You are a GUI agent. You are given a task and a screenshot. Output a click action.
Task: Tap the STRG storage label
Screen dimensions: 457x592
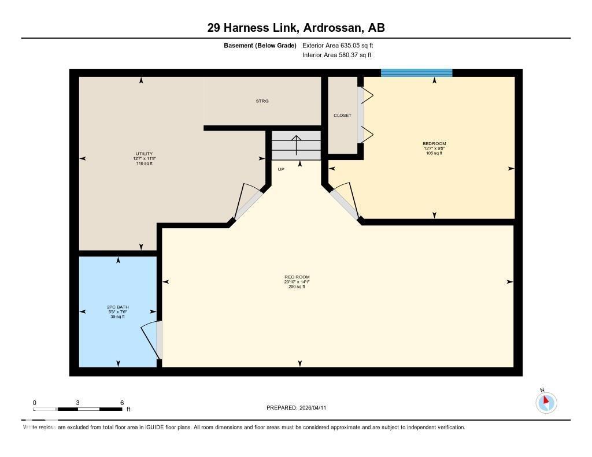(x=262, y=101)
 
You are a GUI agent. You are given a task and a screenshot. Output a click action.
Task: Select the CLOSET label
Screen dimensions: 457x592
(x=342, y=116)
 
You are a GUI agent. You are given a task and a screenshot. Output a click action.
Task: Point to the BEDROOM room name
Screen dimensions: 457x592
(x=434, y=143)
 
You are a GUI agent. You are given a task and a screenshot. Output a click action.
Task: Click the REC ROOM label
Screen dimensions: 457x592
(x=297, y=277)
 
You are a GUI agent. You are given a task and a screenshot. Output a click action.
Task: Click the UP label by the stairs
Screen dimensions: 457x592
(x=281, y=169)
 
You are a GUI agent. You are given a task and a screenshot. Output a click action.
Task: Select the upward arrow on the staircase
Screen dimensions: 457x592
(x=296, y=145)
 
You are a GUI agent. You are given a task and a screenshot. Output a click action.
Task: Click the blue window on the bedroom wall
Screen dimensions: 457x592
(x=416, y=73)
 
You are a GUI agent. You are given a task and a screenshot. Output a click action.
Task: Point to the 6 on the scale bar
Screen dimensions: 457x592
(x=122, y=403)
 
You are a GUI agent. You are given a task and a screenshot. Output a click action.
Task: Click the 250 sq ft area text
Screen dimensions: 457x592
(x=297, y=287)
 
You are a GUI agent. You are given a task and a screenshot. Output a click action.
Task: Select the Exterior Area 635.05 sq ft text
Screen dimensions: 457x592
(x=342, y=45)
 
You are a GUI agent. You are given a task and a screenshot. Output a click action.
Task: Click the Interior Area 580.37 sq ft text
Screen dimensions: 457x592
(x=336, y=55)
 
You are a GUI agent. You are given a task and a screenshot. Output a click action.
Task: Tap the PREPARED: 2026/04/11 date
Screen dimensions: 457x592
(x=299, y=408)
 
